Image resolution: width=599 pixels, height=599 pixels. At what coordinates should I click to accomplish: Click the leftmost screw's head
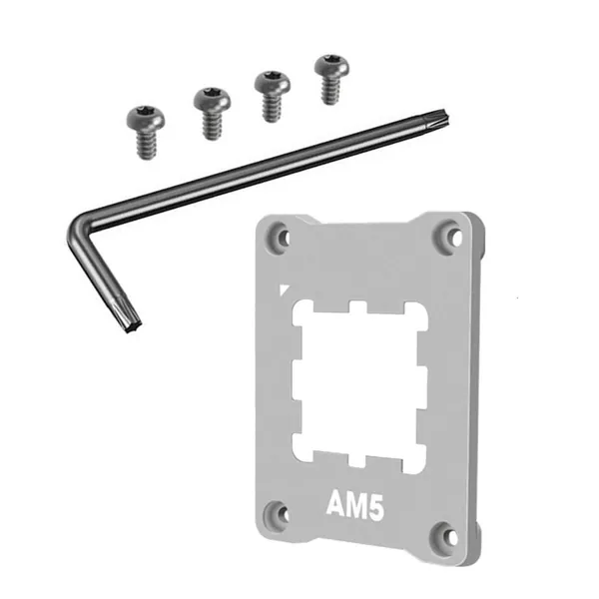[146, 119]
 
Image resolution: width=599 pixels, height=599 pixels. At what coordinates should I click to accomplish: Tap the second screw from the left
[212, 113]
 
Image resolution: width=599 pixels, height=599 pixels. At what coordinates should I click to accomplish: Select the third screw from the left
[273, 96]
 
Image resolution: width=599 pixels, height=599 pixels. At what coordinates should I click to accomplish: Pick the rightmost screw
[331, 79]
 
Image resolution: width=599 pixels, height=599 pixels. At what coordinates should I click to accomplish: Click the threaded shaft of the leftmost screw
[147, 145]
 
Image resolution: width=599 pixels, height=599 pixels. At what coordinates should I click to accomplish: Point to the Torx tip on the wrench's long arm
[436, 117]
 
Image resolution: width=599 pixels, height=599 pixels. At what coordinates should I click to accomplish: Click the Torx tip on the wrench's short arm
[129, 318]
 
